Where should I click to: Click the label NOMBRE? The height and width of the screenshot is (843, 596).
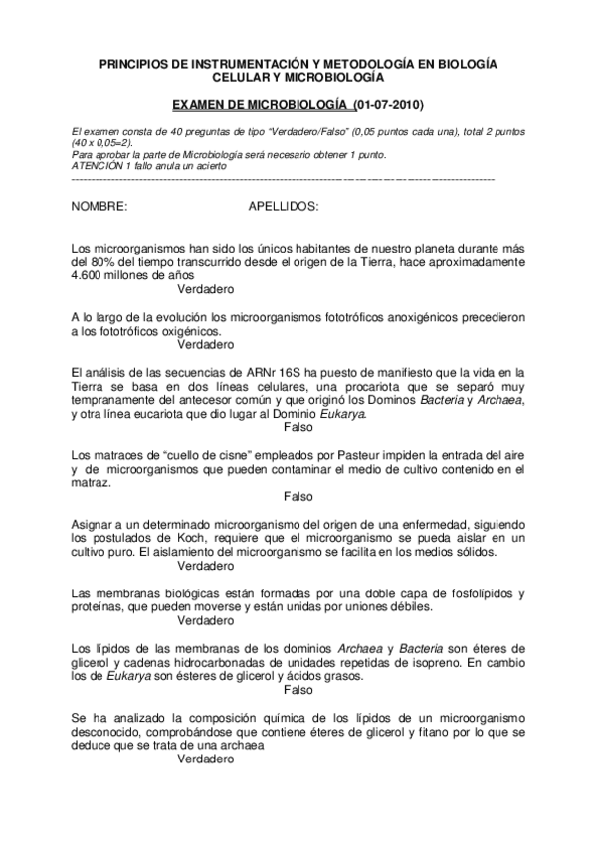click(99, 206)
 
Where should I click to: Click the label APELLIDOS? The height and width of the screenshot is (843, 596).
click(282, 206)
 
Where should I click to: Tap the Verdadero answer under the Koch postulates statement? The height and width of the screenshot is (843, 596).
click(205, 566)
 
